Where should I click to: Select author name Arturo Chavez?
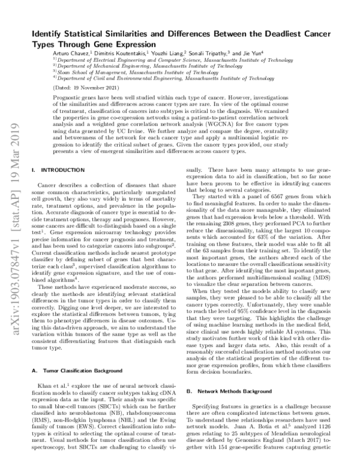(x=71, y=53)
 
